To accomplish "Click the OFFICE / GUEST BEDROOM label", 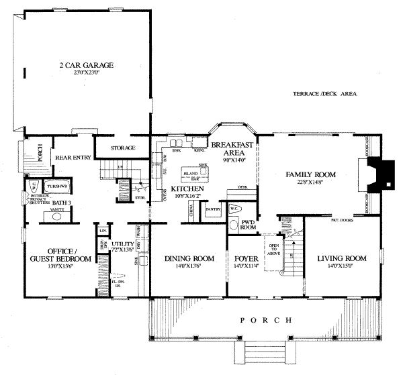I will (60, 254).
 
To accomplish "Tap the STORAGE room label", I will (122, 148).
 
